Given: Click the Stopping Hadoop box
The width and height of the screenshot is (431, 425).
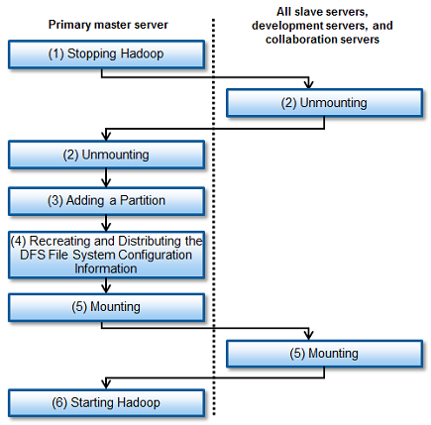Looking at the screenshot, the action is (x=106, y=54).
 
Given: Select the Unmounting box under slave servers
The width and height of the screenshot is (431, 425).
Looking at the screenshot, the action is (x=324, y=103).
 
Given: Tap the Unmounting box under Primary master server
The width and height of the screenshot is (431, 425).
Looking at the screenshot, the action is (x=106, y=155).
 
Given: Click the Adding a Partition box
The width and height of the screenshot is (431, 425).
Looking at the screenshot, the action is (x=106, y=201).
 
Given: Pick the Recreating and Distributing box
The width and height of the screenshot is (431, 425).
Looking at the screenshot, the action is (x=106, y=255).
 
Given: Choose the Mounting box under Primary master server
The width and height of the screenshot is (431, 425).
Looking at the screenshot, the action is (x=106, y=307).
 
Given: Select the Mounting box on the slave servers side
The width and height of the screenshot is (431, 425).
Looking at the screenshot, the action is (x=324, y=354).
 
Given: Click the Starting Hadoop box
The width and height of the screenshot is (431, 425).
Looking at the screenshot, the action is (x=106, y=403).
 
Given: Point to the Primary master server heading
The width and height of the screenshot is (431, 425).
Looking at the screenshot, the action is (x=108, y=25).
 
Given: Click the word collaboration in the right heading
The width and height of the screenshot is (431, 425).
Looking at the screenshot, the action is (x=294, y=40).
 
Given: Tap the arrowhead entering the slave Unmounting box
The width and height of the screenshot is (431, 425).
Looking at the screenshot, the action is (x=308, y=84).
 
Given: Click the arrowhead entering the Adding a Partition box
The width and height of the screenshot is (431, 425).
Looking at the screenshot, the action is (x=106, y=182).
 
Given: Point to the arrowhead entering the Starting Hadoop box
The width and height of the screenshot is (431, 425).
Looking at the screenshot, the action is (x=106, y=384).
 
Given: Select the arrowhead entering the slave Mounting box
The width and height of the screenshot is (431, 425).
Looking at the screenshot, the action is (x=308, y=336).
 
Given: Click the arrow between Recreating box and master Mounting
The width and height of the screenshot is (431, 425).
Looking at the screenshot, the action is (x=106, y=286).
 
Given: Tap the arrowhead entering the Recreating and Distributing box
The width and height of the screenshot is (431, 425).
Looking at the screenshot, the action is (x=106, y=227).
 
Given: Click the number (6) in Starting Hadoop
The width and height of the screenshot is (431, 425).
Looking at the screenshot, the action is (x=59, y=403).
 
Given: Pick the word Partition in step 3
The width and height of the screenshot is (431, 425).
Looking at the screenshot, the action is (x=143, y=201).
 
